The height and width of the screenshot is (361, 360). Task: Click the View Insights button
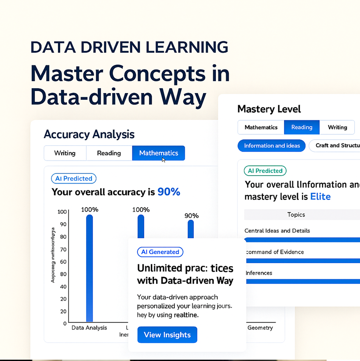tap(167, 335)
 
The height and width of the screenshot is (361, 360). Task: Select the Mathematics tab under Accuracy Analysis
tap(158, 153)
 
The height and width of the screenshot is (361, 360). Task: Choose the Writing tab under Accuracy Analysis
tap(65, 153)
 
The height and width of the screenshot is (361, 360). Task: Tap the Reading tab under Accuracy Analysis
tap(109, 153)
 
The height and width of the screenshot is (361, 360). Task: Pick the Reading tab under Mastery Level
tap(302, 127)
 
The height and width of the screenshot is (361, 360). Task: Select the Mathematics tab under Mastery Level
tap(261, 127)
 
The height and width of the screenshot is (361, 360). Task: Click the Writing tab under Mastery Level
tap(337, 127)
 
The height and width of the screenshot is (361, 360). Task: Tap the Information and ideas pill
tap(272, 146)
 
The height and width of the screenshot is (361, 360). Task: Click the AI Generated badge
tap(160, 252)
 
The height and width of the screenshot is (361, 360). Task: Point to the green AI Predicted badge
tap(265, 171)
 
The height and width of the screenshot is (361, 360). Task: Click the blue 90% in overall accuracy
tap(169, 192)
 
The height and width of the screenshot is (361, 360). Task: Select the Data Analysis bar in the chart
tap(89, 268)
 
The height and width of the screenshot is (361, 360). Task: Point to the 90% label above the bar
tap(191, 216)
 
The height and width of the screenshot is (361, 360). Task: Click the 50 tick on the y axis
tap(63, 274)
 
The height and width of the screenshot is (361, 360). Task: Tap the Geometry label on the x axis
tap(260, 328)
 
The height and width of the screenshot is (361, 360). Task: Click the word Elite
tap(320, 196)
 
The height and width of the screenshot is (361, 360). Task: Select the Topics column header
tap(296, 215)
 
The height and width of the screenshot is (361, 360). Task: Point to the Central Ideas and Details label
tap(277, 231)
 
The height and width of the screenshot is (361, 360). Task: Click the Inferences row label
tap(259, 273)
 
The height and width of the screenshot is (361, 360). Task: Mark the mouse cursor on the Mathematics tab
tap(164, 159)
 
